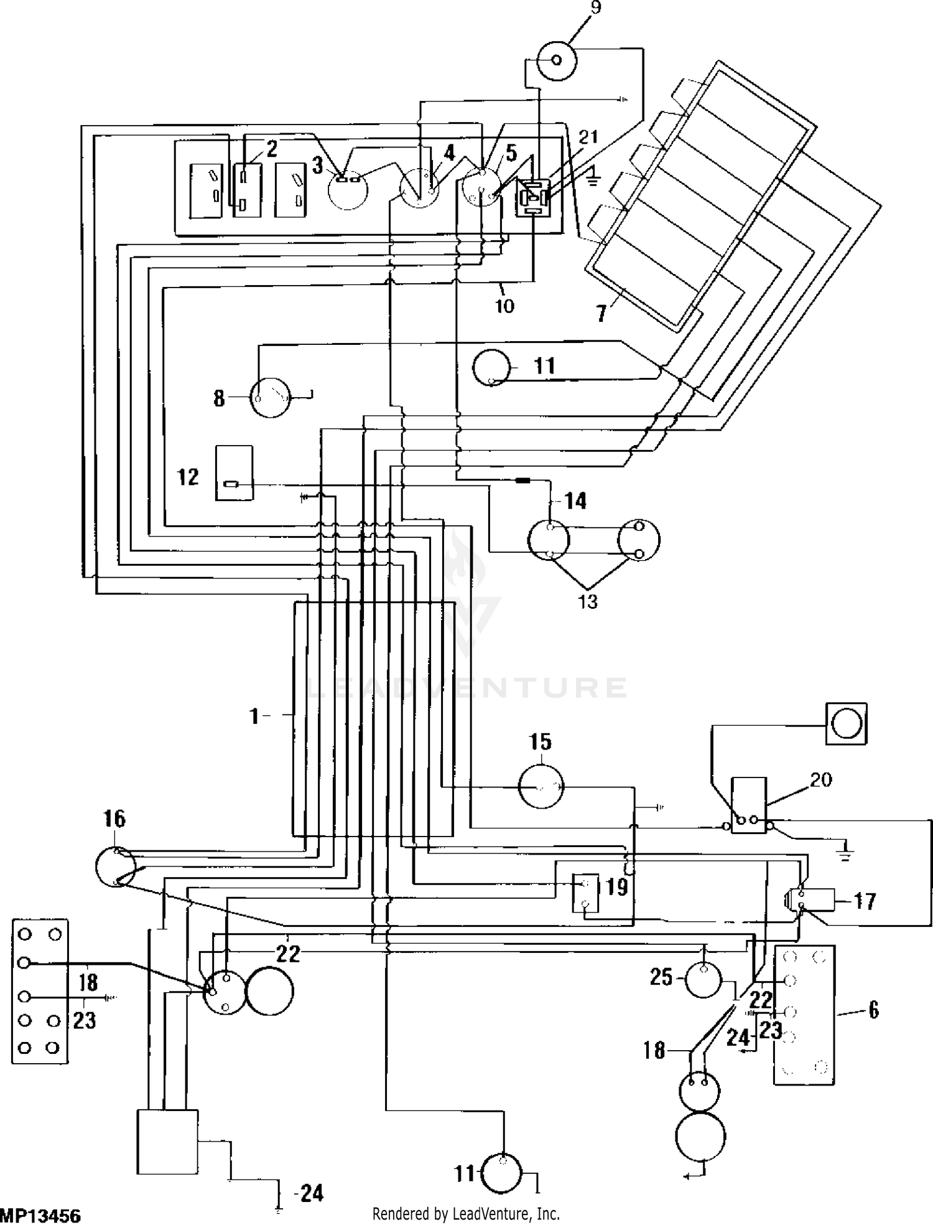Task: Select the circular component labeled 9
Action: tap(557, 60)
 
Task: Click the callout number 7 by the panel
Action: tap(601, 313)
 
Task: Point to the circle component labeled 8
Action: tap(270, 397)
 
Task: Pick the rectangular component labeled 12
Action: tap(234, 473)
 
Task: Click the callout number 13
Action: tap(588, 601)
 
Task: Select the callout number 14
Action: tap(575, 500)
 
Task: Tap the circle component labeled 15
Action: tap(541, 787)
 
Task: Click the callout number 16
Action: tap(114, 819)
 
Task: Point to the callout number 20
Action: tap(821, 779)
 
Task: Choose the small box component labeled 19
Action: tap(585, 893)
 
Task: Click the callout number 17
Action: tap(865, 901)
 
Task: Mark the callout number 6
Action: tap(874, 1010)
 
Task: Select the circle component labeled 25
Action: tap(703, 979)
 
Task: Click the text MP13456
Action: tap(40, 1215)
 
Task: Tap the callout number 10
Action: tap(504, 306)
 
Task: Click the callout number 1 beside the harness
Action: tap(254, 716)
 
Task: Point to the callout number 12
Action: tap(188, 477)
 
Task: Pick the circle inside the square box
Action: tap(846, 724)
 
